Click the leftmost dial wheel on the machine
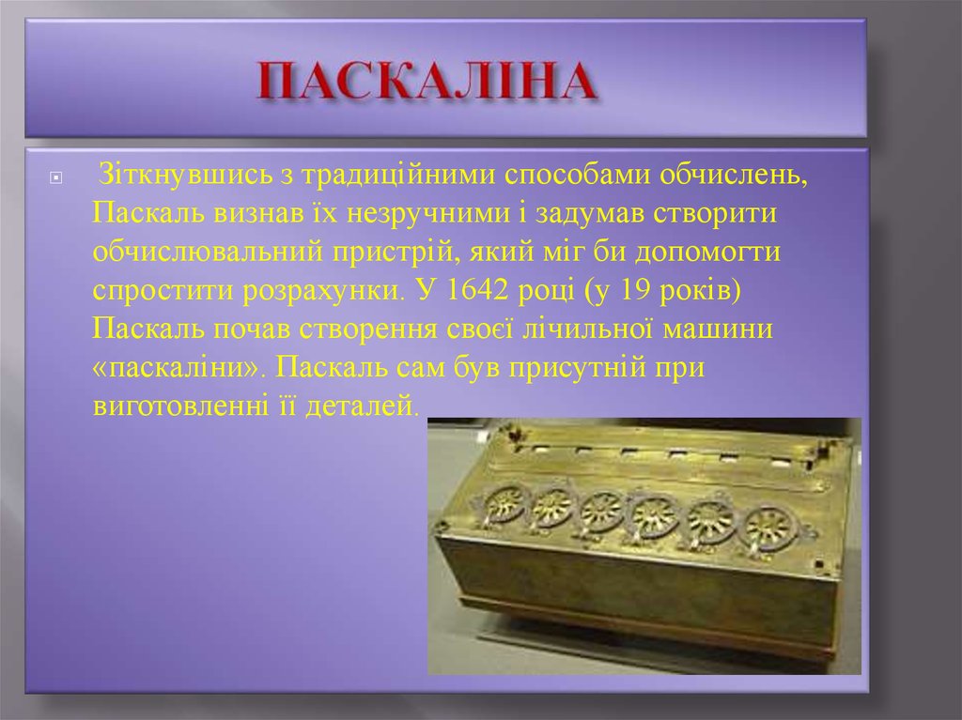[x=504, y=505]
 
